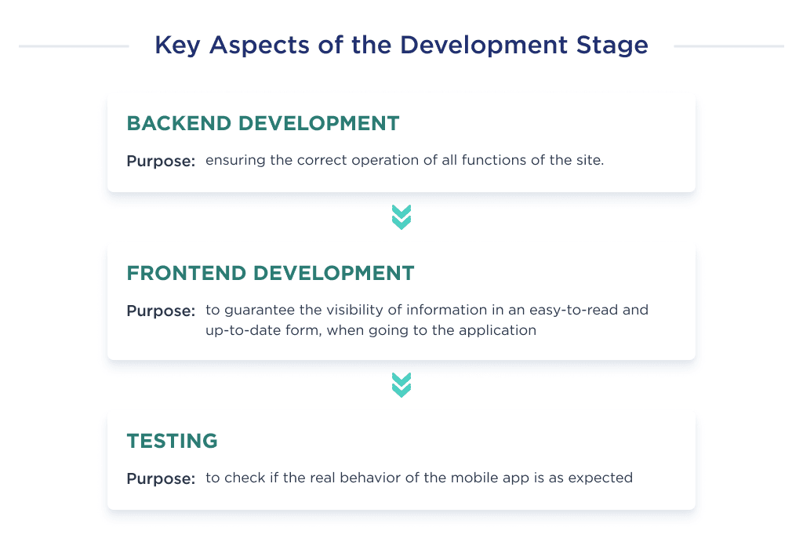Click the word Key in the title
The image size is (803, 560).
pyautogui.click(x=173, y=45)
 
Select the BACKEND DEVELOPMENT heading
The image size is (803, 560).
pyautogui.click(x=263, y=123)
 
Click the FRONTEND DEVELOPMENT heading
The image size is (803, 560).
pyautogui.click(x=271, y=273)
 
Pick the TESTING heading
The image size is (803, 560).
pyautogui.click(x=172, y=442)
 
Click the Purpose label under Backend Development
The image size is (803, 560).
pyautogui.click(x=161, y=162)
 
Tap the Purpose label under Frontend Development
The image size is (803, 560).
pyautogui.click(x=161, y=311)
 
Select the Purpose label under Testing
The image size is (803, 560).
pyautogui.click(x=161, y=478)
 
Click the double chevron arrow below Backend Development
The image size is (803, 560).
pyautogui.click(x=401, y=217)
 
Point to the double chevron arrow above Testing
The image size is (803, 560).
pyautogui.click(x=401, y=385)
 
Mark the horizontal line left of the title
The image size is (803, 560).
pyautogui.click(x=74, y=46)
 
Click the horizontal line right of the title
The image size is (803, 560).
pyautogui.click(x=729, y=46)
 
